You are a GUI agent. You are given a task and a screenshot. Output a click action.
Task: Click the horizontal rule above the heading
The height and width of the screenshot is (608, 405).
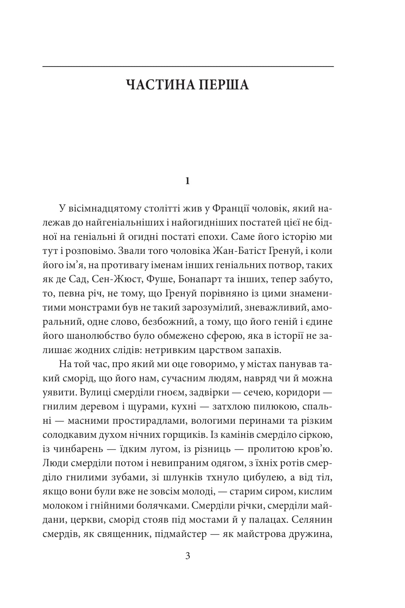[188, 66]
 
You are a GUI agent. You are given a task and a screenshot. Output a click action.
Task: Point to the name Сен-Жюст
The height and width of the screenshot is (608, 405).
[116, 280]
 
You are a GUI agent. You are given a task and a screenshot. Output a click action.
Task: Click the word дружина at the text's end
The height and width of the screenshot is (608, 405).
[309, 535]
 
